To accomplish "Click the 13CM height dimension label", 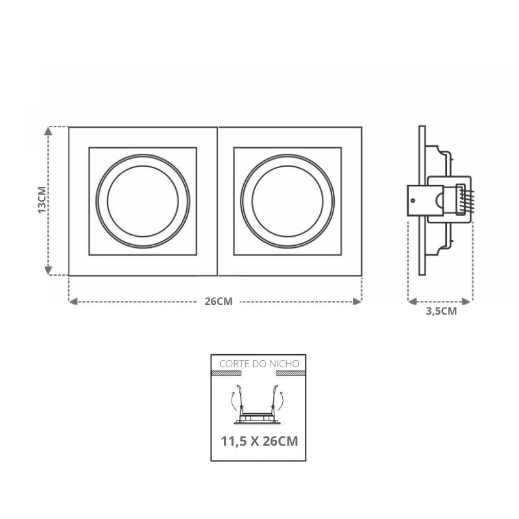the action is [42, 200].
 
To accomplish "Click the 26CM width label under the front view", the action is [219, 302].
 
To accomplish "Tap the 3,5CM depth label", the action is [441, 311].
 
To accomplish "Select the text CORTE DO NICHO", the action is [259, 364].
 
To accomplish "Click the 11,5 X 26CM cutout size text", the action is [259, 441].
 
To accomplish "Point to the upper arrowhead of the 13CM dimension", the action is [48, 131].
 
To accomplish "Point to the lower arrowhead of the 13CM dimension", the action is [48, 271].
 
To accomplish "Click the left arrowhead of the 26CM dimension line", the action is [73, 302].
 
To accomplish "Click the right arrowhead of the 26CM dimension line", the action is [357, 302].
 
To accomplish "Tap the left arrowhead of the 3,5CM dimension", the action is [412, 302].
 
